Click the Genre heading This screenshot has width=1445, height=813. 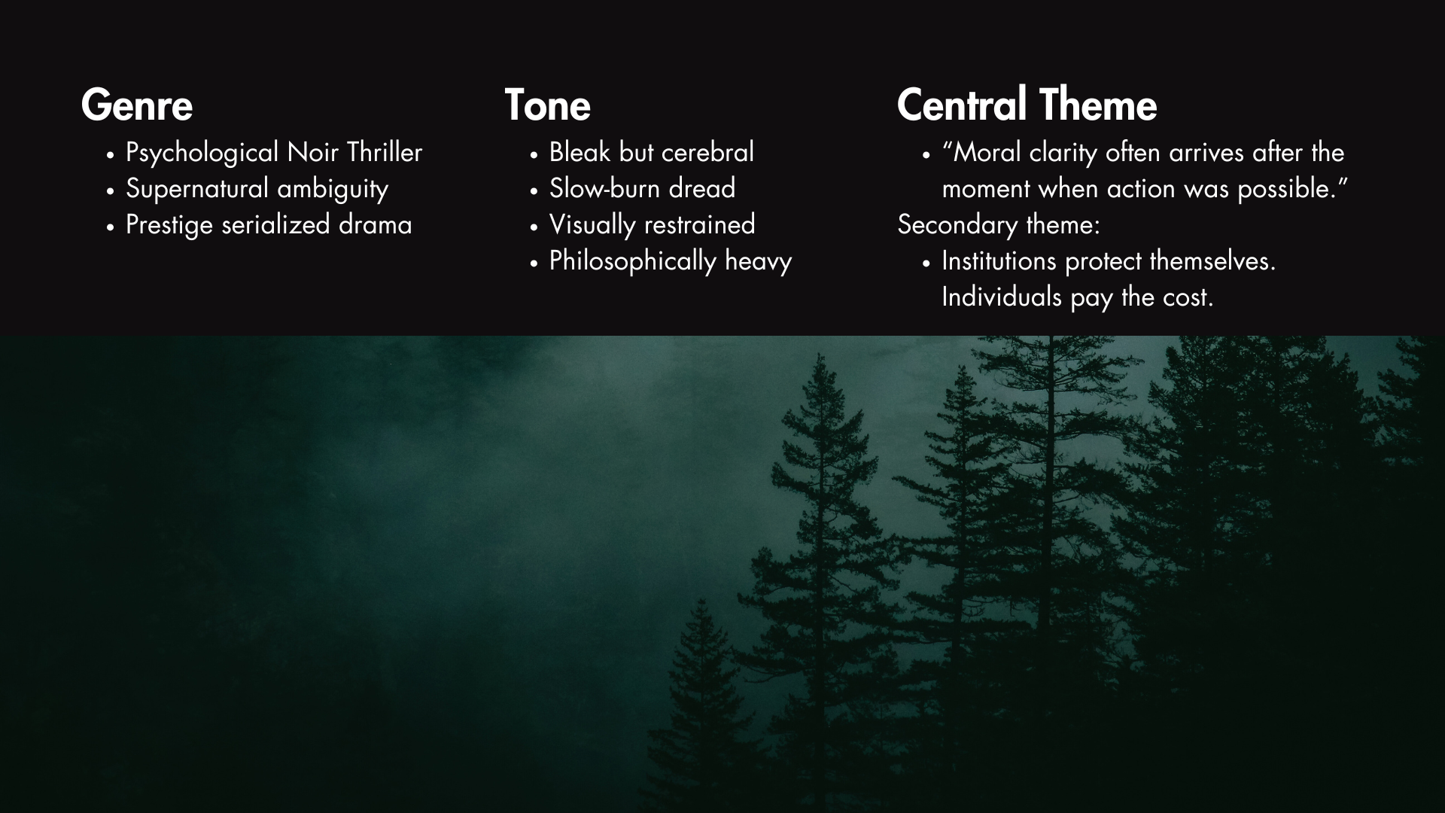tap(137, 105)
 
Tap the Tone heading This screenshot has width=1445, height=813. tap(547, 105)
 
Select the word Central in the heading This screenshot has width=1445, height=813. tap(961, 105)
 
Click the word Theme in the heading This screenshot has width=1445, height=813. tap(1099, 105)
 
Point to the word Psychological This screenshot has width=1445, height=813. tap(202, 153)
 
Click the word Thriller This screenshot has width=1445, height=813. tap(384, 153)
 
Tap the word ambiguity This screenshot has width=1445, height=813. tap(333, 189)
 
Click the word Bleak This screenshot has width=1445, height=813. tap(580, 153)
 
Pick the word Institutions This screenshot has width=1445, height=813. tap(999, 261)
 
